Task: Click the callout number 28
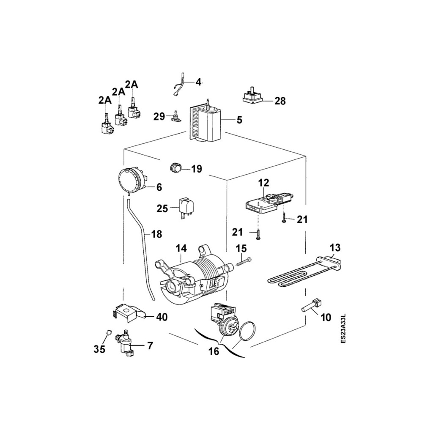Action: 280,101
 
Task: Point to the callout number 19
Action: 197,169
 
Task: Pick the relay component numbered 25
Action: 186,206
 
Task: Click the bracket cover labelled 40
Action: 127,312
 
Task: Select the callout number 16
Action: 214,351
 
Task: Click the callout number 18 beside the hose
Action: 156,234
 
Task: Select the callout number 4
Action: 197,82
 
